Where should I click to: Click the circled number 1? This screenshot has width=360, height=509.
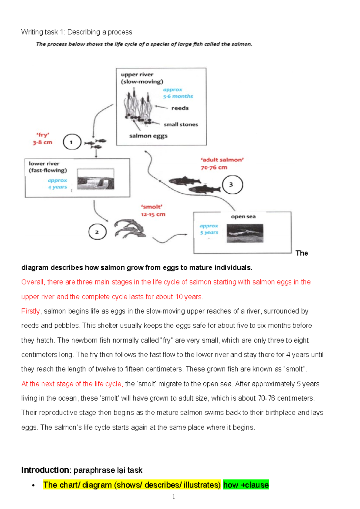[x=72, y=142]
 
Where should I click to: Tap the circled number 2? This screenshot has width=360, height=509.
[x=97, y=232]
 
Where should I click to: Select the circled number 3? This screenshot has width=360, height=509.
[x=232, y=185]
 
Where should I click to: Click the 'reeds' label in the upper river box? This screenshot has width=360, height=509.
[x=180, y=108]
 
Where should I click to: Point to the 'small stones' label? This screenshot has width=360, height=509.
[x=181, y=124]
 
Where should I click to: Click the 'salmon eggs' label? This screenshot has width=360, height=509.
[x=148, y=136]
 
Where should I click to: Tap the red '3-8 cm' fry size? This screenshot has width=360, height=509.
[x=43, y=142]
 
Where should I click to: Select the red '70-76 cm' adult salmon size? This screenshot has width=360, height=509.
[x=214, y=167]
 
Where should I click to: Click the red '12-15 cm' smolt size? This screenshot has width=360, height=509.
[x=153, y=214]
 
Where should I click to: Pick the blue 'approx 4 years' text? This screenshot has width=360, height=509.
[x=57, y=184]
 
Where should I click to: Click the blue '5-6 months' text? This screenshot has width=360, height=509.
[x=178, y=96]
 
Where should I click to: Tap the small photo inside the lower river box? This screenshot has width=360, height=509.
[x=96, y=179]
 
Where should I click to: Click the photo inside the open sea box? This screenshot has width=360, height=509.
[x=245, y=233]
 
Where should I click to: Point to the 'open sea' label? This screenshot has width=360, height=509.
[x=243, y=216]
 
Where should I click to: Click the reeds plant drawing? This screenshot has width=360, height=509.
[x=137, y=105]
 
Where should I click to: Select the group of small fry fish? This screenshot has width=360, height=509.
[x=95, y=143]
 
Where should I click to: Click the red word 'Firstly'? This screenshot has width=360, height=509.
[x=30, y=311]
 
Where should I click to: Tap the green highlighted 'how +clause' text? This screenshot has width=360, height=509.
[x=246, y=485]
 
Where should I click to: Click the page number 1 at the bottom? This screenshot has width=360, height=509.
[x=174, y=497]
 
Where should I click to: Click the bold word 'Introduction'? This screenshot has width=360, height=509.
[x=45, y=470]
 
